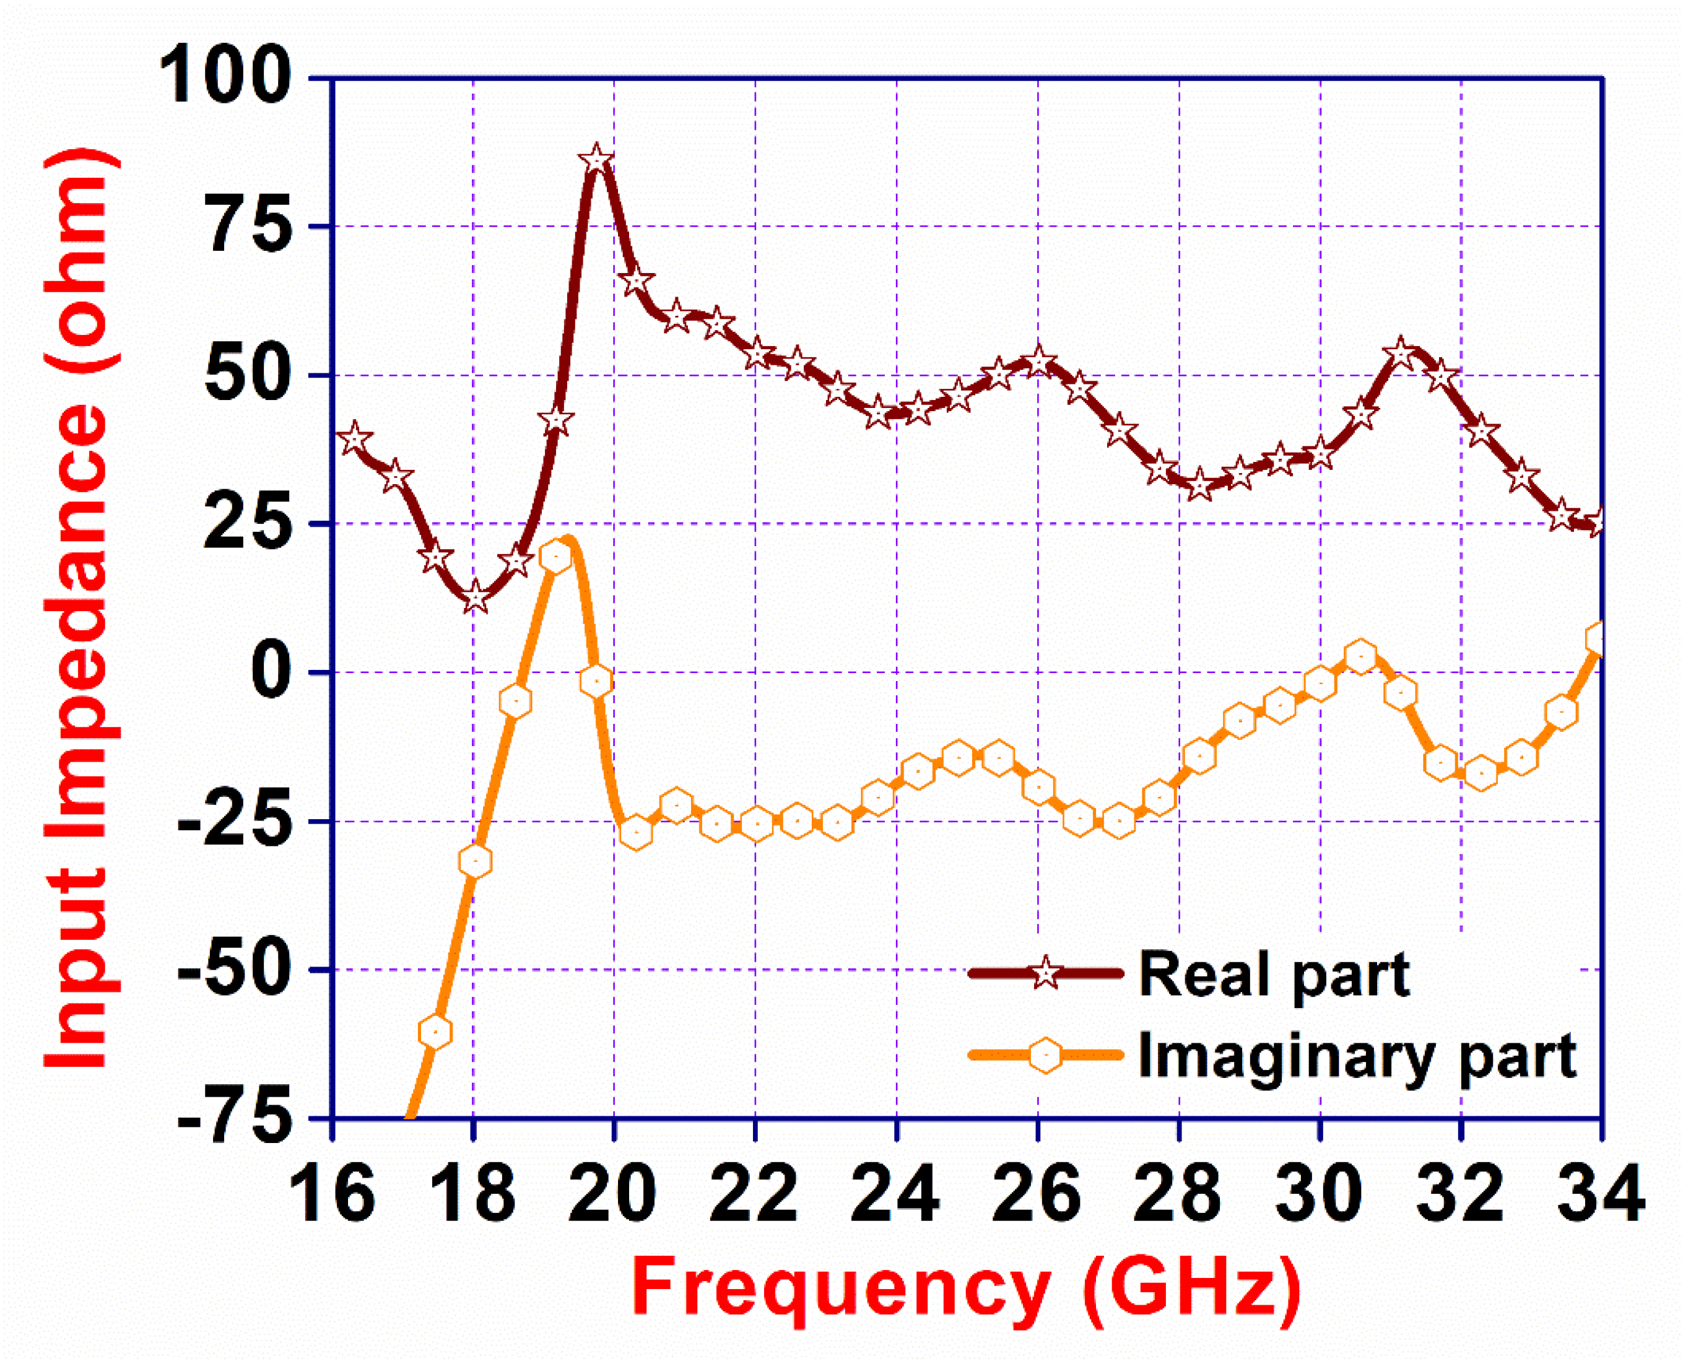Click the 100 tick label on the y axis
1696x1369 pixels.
(x=225, y=77)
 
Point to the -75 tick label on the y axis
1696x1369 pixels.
(x=235, y=1118)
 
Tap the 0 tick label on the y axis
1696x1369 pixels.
(x=271, y=672)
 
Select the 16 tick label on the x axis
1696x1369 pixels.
(x=332, y=1194)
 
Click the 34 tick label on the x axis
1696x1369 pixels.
(x=1601, y=1194)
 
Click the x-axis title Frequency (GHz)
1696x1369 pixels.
(x=967, y=1289)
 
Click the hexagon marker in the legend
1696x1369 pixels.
(x=1045, y=1055)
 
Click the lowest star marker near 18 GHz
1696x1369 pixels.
(x=475, y=598)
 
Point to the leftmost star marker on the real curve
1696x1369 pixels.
(x=354, y=438)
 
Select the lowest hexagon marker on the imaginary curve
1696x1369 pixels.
(x=435, y=1032)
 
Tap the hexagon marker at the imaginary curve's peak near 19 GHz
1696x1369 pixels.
(x=556, y=557)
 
